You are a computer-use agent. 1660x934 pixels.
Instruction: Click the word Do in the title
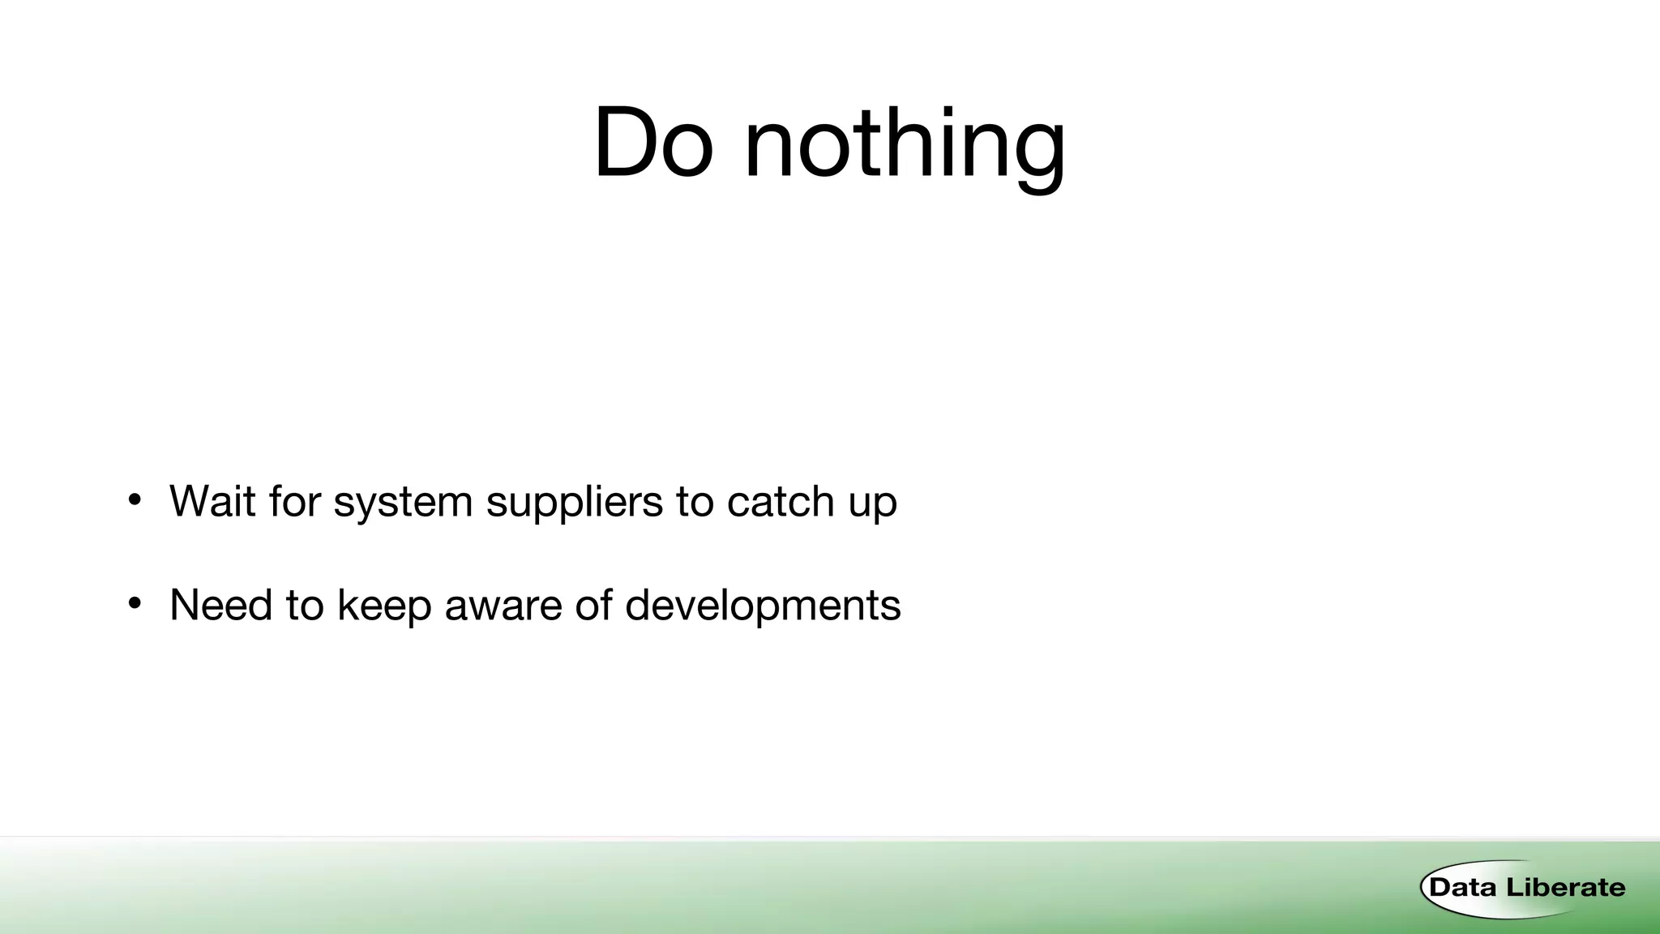[653, 144]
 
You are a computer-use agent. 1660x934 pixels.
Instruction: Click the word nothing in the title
[904, 146]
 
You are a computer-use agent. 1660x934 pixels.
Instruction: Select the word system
[403, 503]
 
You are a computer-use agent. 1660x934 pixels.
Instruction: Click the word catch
[781, 501]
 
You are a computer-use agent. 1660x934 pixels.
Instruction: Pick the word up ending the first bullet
[873, 504]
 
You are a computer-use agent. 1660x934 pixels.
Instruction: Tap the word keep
[384, 606]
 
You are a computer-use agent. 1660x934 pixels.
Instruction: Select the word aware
[503, 606]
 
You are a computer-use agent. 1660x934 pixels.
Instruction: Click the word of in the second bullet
[593, 605]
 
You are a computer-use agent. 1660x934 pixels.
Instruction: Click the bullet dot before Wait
[135, 499]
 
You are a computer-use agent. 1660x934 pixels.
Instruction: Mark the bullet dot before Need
[135, 603]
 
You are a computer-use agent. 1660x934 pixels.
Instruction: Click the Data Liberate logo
[1523, 888]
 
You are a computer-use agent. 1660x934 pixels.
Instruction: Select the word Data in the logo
[1462, 888]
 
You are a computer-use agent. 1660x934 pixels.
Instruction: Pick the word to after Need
[305, 606]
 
